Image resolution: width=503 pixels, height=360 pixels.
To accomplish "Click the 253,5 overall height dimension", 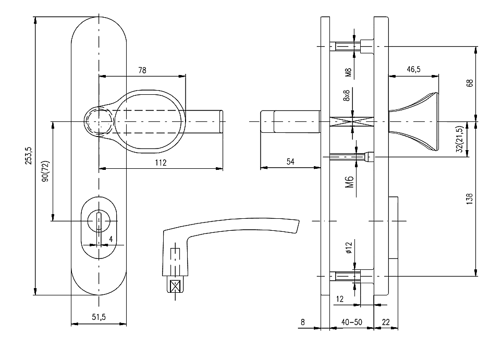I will [x=29, y=155].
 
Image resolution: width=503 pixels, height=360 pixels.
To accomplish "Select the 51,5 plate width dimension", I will [x=98, y=317].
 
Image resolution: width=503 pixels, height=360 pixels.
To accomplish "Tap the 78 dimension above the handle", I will [x=142, y=70].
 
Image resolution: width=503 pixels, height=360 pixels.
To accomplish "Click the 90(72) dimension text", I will [x=45, y=170].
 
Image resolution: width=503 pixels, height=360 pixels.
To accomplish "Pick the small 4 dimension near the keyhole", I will [x=111, y=239].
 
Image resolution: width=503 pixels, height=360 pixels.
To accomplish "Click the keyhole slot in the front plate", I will [x=98, y=221].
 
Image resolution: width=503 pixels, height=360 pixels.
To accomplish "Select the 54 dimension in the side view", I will [x=290, y=162].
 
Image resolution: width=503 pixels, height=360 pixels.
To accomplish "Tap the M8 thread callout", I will [x=349, y=72].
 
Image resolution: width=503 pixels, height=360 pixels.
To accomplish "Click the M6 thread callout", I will [x=350, y=181].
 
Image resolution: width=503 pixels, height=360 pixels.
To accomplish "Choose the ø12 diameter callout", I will [x=349, y=247].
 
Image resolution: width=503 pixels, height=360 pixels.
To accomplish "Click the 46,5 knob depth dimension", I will [x=413, y=69].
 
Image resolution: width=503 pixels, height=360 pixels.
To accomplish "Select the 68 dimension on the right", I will [x=470, y=83].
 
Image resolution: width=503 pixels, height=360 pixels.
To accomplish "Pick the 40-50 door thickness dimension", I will [x=351, y=322].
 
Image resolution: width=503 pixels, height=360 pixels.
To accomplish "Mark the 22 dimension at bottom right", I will [x=386, y=322].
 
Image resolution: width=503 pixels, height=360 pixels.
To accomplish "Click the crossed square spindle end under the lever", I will [x=175, y=286].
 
